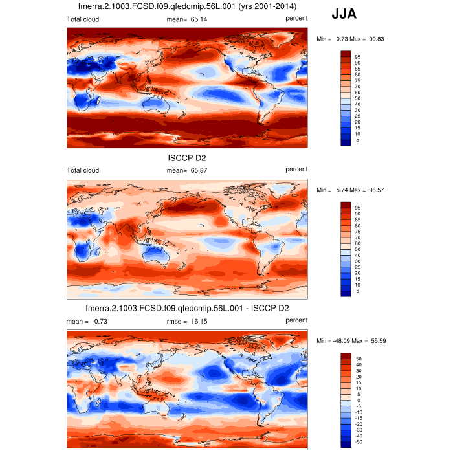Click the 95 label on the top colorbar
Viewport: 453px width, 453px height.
(357, 56)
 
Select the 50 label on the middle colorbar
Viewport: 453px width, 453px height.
(357, 249)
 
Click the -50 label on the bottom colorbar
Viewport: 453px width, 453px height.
(358, 443)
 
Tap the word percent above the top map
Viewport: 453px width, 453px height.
(296, 19)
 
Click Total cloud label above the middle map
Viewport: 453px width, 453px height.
(83, 170)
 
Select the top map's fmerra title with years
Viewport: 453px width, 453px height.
(186, 6)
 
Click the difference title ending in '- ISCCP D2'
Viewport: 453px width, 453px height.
(186, 309)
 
